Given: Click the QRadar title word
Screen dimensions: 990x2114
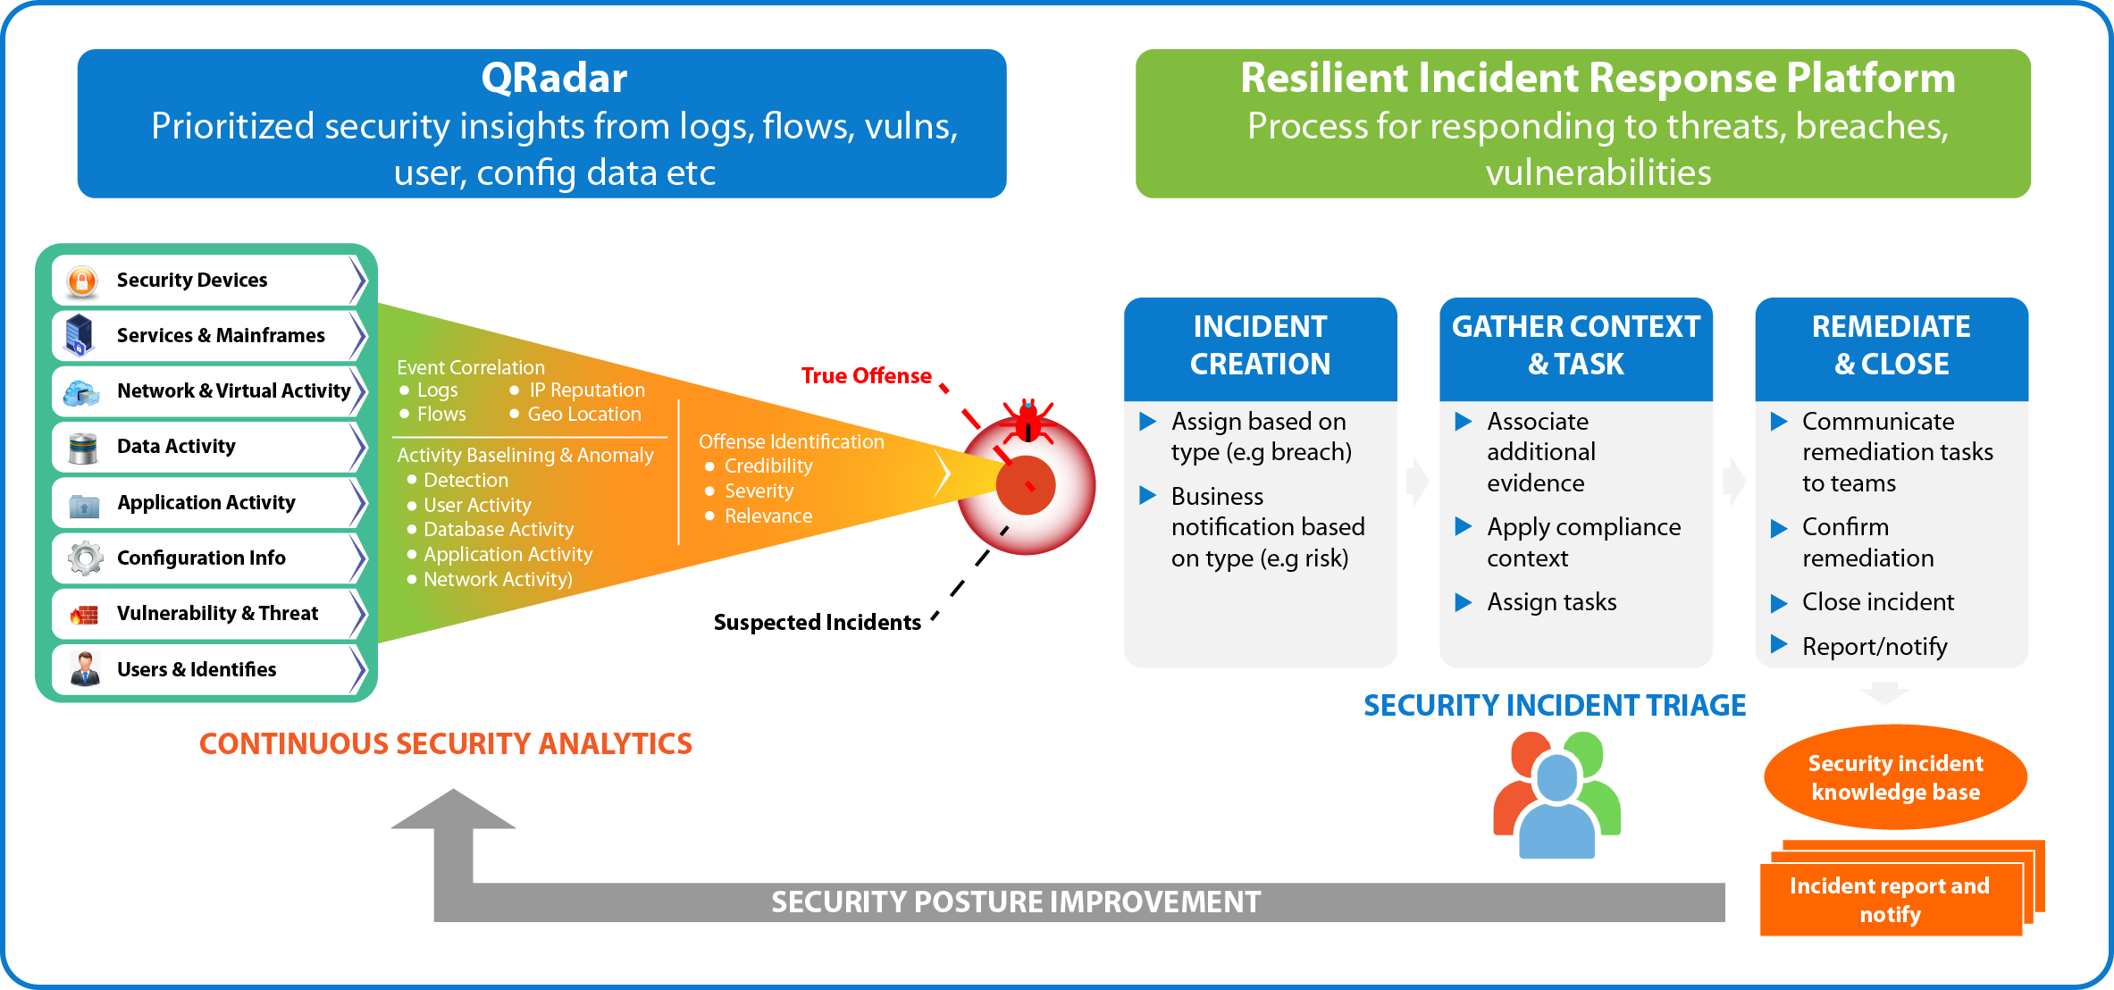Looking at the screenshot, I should [x=554, y=79].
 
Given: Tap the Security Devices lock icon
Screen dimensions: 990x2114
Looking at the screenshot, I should [x=82, y=281].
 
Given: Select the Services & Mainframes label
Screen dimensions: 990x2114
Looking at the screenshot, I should [x=221, y=336].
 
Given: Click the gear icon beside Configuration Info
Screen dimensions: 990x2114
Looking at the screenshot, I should [x=85, y=558].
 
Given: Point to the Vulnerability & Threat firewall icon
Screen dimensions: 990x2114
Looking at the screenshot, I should [x=84, y=615].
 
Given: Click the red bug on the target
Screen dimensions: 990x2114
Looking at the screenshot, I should [x=1028, y=421].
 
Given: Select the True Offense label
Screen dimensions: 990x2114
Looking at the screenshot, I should [x=866, y=376].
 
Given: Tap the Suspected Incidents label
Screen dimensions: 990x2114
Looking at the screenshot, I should [x=817, y=623].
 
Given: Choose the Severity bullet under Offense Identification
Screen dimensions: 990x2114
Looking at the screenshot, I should [x=759, y=491].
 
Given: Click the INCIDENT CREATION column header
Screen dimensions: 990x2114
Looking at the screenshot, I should [x=1260, y=346].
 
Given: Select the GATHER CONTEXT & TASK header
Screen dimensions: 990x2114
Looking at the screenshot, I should [x=1576, y=346].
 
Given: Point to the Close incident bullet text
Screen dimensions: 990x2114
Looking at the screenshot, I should [x=1877, y=603].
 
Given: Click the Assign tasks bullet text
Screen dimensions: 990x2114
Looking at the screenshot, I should [x=1552, y=603].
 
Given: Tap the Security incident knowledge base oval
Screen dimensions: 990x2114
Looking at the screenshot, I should [x=1895, y=778].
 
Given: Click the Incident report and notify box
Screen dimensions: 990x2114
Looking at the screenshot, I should [x=1890, y=901].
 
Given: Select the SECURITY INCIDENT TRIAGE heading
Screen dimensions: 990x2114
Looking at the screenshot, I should [x=1555, y=706].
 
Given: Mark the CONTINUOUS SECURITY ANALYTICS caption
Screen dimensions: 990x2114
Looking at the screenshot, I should [x=445, y=744].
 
